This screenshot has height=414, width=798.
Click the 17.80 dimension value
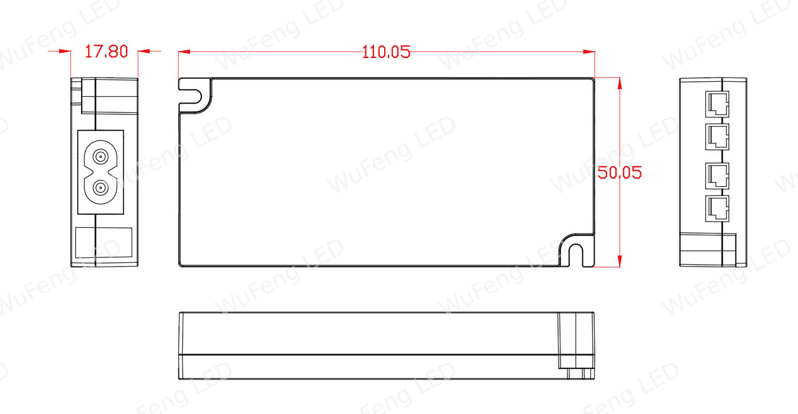click(106, 52)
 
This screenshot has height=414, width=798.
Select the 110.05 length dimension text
click(386, 52)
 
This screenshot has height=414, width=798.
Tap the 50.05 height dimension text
click(620, 173)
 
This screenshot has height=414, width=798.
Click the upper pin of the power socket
click(100, 156)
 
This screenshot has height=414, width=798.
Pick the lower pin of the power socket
click(100, 188)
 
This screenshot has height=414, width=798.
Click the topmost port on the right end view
click(717, 104)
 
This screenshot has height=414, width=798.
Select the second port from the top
click(717, 137)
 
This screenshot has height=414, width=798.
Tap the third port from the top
click(717, 175)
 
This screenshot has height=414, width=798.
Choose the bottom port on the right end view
click(717, 209)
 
